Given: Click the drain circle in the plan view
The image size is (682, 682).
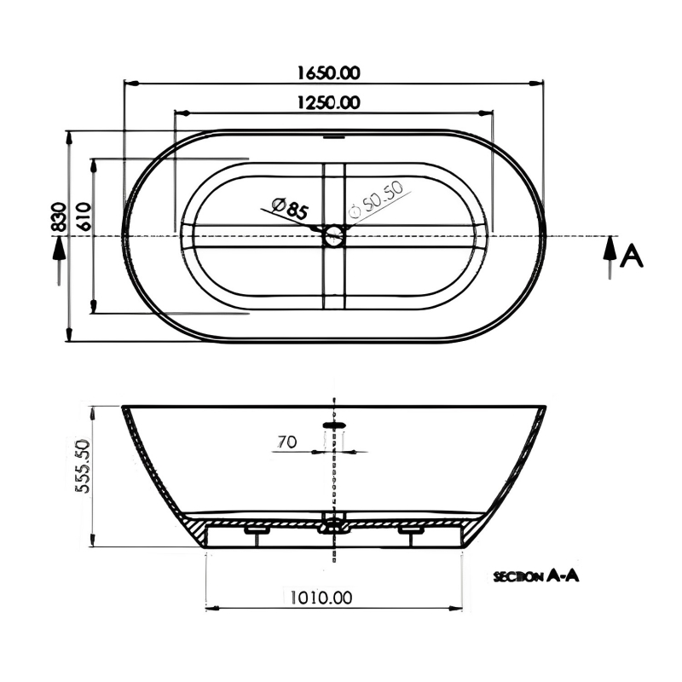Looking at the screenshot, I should (x=333, y=236).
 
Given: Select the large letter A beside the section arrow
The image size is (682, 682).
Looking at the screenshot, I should (x=631, y=255).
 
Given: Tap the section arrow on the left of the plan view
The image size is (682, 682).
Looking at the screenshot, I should (x=58, y=259).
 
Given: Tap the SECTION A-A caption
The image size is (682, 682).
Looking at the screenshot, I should (x=536, y=577).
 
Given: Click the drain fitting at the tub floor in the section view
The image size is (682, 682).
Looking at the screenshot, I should (x=333, y=525).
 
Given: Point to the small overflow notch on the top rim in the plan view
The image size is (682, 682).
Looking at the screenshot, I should (x=333, y=133).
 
